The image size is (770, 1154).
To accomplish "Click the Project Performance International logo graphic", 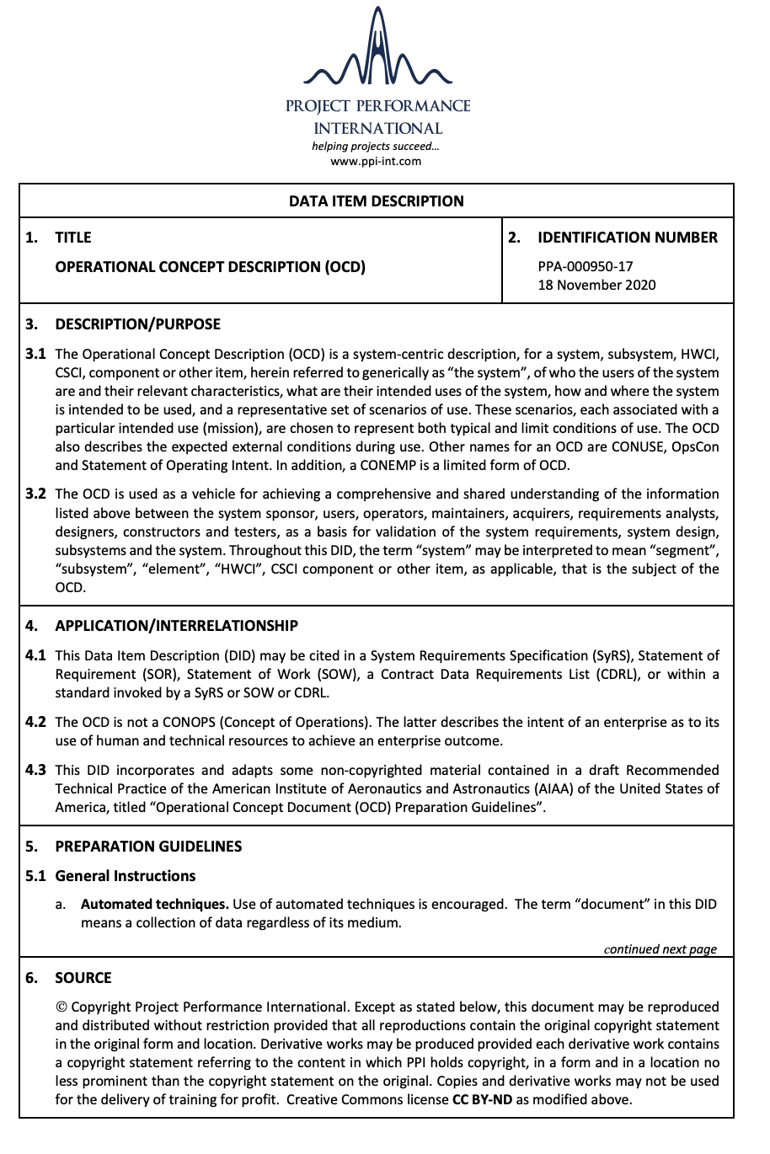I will [x=377, y=51].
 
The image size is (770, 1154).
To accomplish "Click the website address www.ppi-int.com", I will [x=376, y=161].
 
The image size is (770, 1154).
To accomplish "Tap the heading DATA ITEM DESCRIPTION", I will [x=376, y=201].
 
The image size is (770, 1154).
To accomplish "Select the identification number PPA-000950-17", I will [x=586, y=266].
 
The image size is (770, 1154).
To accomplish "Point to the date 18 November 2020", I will [x=596, y=285].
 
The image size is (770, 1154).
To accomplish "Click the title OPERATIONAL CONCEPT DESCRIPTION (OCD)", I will [x=211, y=267].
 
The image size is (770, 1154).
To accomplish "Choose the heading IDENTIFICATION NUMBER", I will [x=627, y=238].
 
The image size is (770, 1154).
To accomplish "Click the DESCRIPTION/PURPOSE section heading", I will [x=137, y=324].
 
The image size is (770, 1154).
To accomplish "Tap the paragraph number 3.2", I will [x=35, y=494].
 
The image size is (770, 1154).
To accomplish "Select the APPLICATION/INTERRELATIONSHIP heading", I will [x=176, y=626].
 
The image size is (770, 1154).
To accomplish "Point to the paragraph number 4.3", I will [x=35, y=770].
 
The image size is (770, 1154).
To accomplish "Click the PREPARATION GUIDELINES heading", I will [x=148, y=847].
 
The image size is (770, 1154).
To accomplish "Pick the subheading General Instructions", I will [x=125, y=876].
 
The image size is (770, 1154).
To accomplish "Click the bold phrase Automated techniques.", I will [x=154, y=905].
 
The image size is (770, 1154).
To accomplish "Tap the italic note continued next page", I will [x=660, y=949].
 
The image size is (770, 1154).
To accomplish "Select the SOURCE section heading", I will [x=83, y=978].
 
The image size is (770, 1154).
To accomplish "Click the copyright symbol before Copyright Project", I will [x=61, y=1007].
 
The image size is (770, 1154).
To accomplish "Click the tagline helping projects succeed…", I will [x=376, y=147].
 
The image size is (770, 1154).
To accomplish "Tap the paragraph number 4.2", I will [x=35, y=722].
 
